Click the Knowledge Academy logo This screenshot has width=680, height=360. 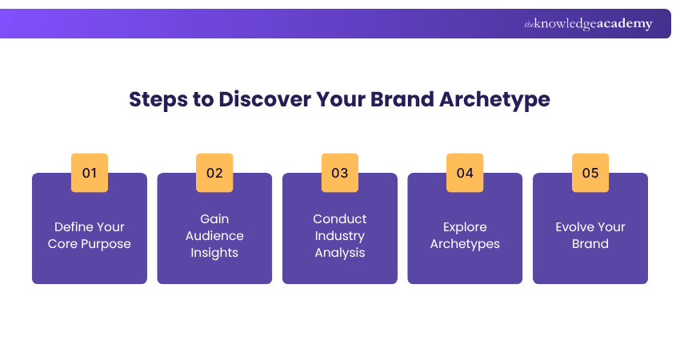(588, 24)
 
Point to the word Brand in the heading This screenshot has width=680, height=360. (396, 100)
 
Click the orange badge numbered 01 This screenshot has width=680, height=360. (90, 173)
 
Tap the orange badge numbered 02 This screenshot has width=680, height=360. (214, 173)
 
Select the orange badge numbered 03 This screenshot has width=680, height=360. (340, 173)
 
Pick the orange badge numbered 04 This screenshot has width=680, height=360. (465, 173)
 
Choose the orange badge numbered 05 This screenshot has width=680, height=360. (590, 173)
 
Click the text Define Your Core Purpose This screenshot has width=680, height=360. (90, 235)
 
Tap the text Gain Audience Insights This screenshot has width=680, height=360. (214, 235)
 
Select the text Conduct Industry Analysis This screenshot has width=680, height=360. (340, 235)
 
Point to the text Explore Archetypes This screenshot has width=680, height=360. (465, 235)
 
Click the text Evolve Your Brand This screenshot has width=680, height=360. (590, 235)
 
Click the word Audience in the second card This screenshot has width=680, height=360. (214, 236)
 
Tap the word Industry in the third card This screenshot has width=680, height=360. (340, 236)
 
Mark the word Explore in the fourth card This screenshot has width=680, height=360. (465, 227)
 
